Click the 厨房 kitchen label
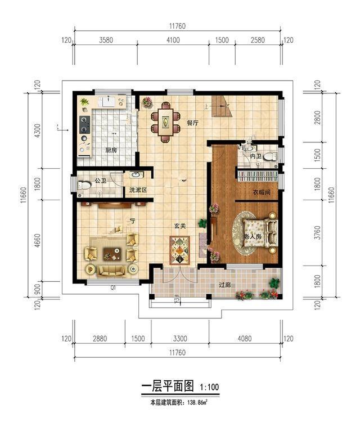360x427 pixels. [111, 150]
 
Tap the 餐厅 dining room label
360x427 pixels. [193, 123]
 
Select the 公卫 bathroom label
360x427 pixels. [101, 181]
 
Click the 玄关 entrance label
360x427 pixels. [179, 226]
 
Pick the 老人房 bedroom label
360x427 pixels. [251, 237]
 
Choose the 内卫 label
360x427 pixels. [256, 155]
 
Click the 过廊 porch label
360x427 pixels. [226, 284]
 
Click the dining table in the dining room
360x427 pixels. [166, 121]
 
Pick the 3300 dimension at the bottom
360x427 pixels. [179, 339]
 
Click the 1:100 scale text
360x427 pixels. [209, 388]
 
